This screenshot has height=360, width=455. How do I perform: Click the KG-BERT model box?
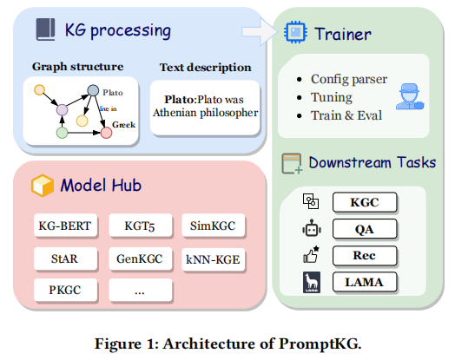point(66,226)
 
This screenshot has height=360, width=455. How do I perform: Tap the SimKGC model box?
point(213,226)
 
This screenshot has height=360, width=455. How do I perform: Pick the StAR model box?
point(66,258)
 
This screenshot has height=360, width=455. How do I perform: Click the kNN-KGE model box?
point(213,258)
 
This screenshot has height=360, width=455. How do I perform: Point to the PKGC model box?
point(66,289)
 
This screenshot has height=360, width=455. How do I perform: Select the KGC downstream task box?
point(365,203)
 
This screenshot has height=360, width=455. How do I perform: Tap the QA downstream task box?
point(365,229)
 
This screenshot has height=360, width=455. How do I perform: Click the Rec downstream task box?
point(365,255)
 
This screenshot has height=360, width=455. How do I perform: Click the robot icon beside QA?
point(310,230)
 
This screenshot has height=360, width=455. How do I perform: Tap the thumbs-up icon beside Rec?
point(310,255)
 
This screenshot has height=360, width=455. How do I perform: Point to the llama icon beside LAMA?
point(310,282)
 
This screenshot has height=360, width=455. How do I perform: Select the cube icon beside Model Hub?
point(39,185)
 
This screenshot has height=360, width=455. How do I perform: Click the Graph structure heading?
point(77,66)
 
